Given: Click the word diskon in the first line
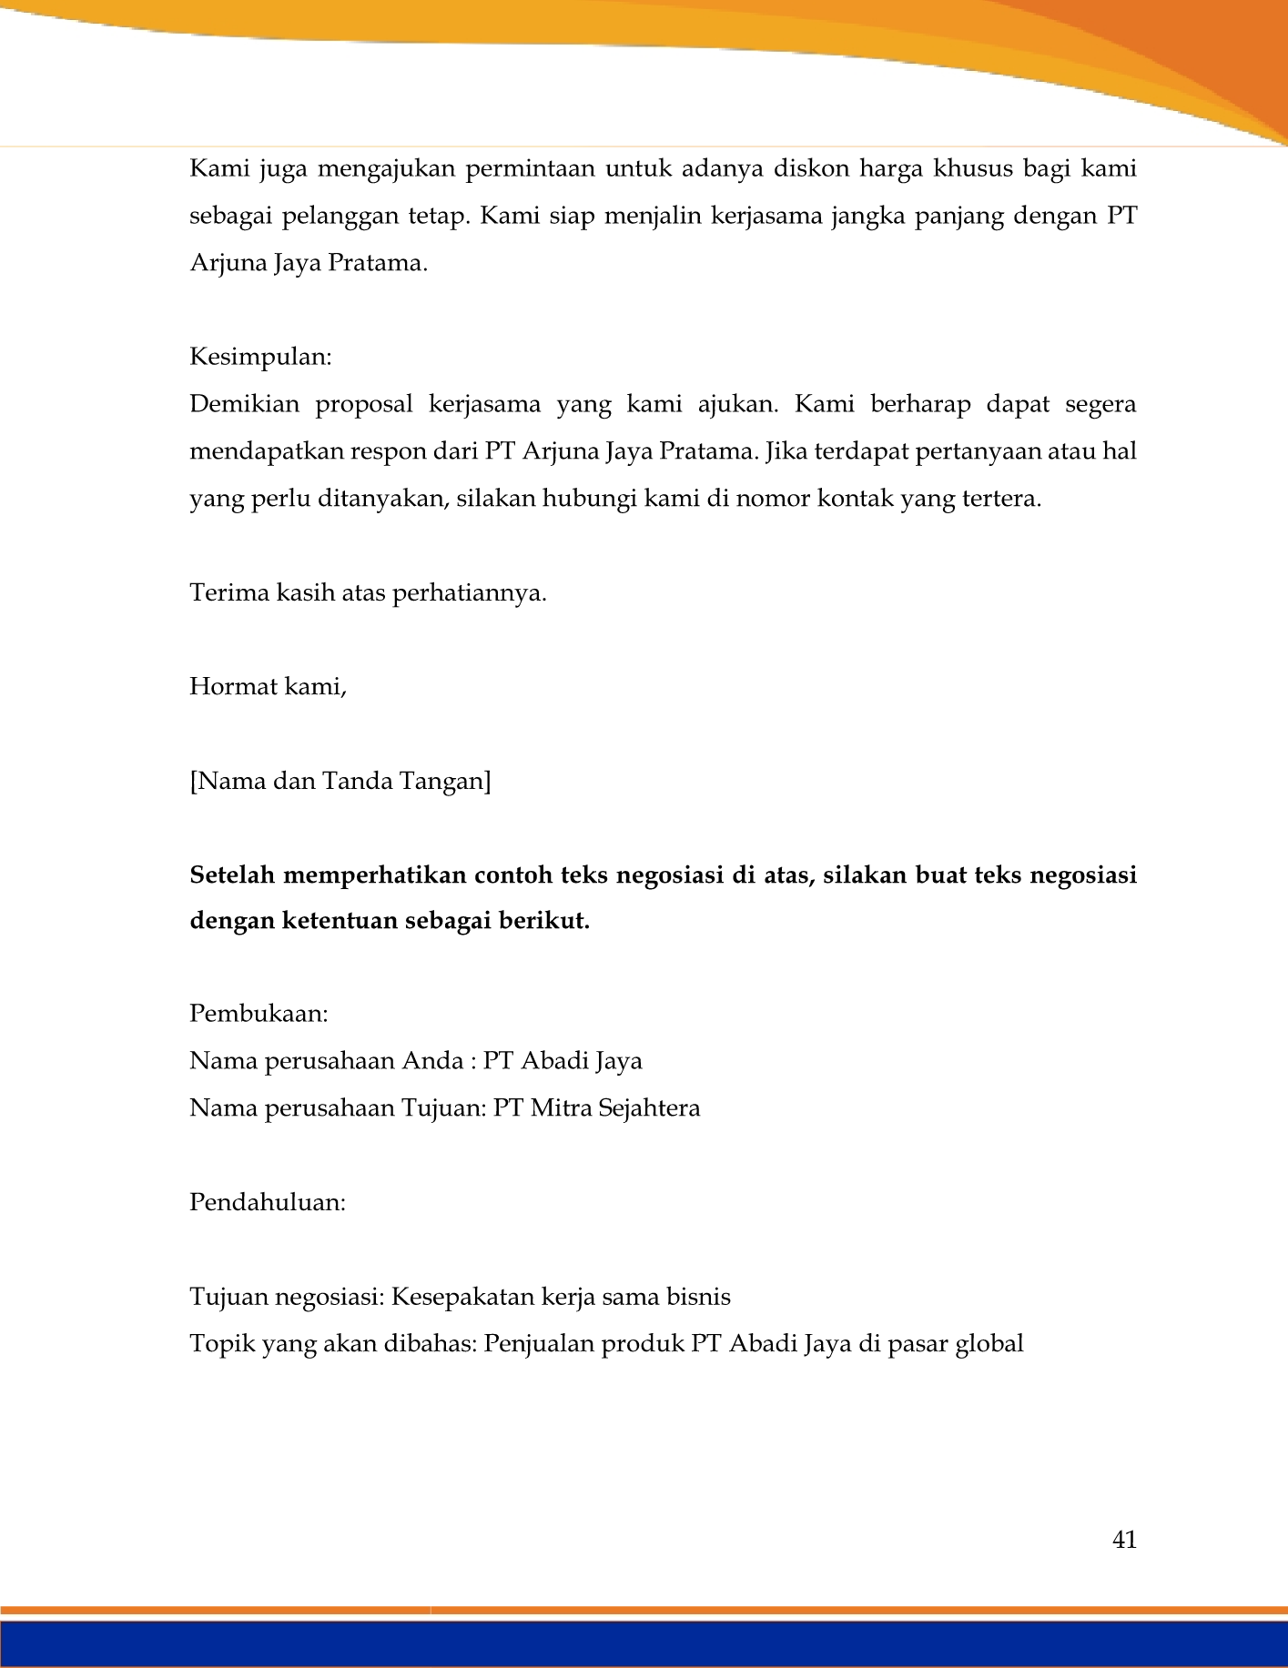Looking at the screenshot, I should coord(804,169).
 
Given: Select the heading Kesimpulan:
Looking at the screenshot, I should coord(260,357).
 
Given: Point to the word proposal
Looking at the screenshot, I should coord(364,404).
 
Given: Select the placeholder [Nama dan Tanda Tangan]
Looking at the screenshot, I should coord(340,781).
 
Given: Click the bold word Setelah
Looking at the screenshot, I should coord(231,875).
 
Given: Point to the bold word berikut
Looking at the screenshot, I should coord(549,921).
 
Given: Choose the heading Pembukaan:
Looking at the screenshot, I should coord(259,1014).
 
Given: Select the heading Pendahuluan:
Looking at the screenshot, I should coord(268,1203).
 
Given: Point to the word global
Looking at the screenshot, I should coord(989,1344).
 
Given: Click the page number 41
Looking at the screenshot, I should coord(1124,1540).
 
